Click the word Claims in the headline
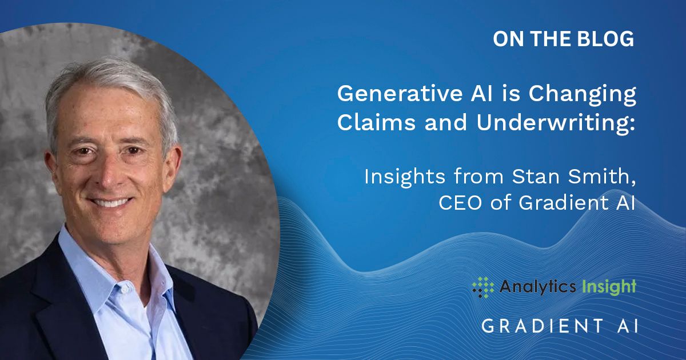(x=376, y=122)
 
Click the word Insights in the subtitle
(x=404, y=178)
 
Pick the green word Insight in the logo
(x=609, y=287)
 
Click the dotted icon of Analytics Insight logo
(x=483, y=287)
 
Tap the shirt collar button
(x=125, y=289)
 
